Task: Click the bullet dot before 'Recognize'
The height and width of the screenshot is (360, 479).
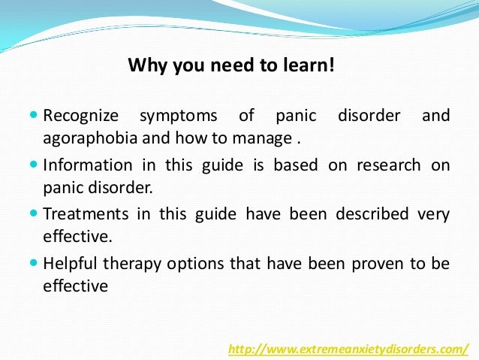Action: coord(35,116)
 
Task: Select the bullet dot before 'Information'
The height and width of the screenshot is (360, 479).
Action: coord(35,165)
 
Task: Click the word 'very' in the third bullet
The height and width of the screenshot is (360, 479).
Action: coord(434,214)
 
